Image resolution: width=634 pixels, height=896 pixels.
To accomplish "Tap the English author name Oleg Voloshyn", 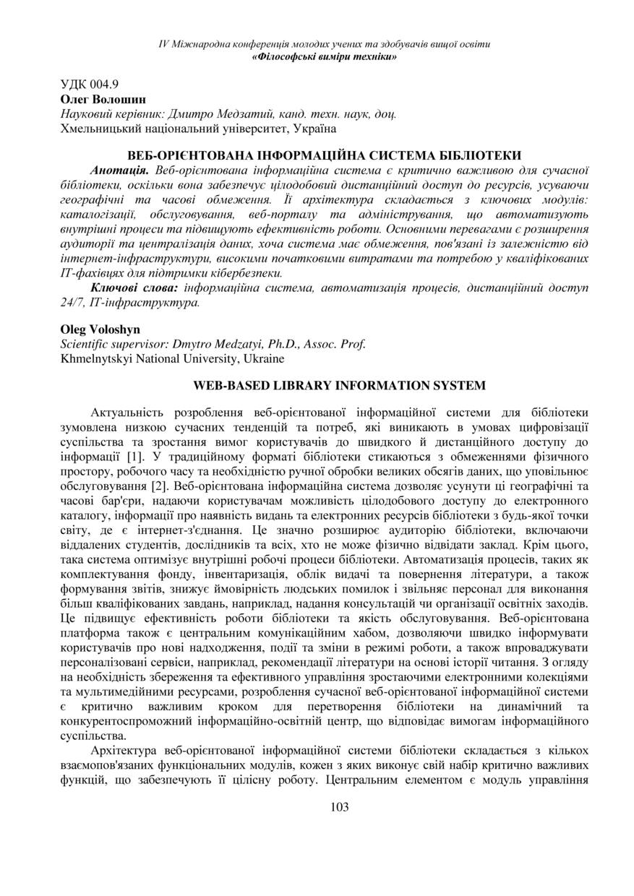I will [100, 329].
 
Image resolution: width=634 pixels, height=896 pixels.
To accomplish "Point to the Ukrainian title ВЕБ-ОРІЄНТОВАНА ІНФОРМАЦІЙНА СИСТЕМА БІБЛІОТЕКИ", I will [325, 155].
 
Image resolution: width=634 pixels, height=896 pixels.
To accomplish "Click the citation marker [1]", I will [134, 457].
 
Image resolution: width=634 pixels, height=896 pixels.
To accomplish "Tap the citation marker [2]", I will [162, 486].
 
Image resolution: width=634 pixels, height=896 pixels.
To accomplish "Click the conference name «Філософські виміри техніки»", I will [323, 56].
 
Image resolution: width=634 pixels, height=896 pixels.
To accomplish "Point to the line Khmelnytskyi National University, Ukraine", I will [172, 358].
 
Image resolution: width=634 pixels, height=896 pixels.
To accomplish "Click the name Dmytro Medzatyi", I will [219, 344].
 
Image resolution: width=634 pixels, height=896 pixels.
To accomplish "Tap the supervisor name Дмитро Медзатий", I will [220, 113].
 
